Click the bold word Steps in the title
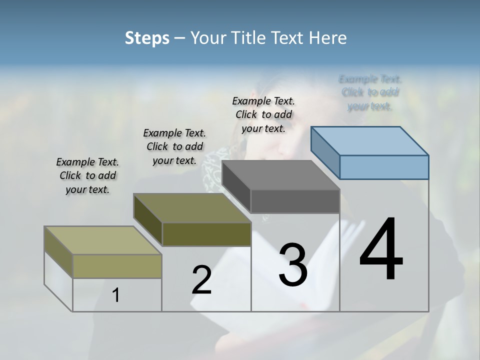[147, 38]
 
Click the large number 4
[381, 250]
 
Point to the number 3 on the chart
[293, 264]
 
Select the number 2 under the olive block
[201, 280]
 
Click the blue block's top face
[370, 140]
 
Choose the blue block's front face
[384, 167]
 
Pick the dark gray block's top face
[281, 175]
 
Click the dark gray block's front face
[295, 201]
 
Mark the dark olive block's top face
[192, 208]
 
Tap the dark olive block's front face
[206, 234]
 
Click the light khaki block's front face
[117, 266]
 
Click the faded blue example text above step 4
[370, 92]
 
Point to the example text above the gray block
[263, 114]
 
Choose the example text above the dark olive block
[174, 146]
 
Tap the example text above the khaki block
[87, 175]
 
